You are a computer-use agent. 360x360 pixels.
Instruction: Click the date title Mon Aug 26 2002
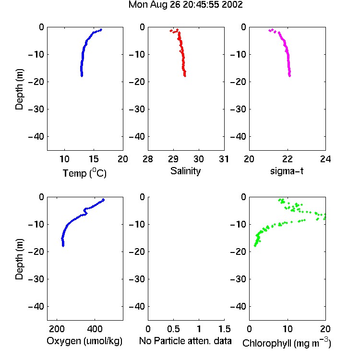point(185,5)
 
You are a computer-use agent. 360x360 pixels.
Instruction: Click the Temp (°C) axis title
point(84,173)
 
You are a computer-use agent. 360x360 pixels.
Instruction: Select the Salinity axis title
point(185,171)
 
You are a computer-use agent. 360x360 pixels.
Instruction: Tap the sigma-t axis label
point(287,171)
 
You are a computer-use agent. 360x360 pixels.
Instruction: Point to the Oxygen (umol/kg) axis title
point(84,341)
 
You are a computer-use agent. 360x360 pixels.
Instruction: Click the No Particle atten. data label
point(185,341)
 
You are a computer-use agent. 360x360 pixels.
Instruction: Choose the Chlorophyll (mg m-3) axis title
point(287,343)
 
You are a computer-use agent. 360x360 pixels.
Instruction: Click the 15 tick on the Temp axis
point(94,159)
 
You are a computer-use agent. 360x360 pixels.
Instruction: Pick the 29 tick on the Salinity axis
point(173,159)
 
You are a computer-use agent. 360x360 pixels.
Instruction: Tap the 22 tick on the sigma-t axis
point(288,159)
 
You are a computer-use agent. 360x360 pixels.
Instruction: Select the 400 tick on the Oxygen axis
point(95,329)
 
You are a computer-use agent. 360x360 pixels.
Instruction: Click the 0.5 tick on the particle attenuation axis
point(173,329)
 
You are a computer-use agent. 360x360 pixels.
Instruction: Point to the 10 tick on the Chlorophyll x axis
point(288,329)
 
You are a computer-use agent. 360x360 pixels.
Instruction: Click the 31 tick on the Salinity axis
point(224,159)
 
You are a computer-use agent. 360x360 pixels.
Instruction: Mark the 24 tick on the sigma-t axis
point(325,159)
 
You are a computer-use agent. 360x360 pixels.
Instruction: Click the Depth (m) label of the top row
point(19,89)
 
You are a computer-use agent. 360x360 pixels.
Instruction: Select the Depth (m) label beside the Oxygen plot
point(19,259)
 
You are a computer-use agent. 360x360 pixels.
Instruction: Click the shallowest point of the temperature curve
point(101,30)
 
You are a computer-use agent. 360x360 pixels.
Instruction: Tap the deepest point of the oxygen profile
point(63,246)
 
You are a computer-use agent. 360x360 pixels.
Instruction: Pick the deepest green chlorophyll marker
point(255,246)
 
